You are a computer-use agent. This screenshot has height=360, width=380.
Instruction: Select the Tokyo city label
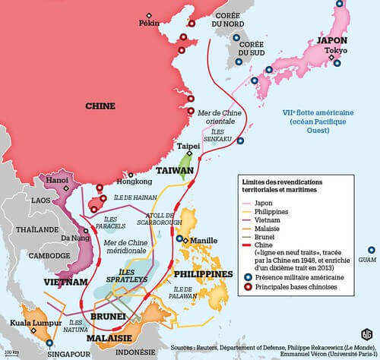pyautogui.click(x=336, y=51)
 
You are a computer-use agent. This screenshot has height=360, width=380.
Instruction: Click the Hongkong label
pyautogui.click(x=135, y=183)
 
